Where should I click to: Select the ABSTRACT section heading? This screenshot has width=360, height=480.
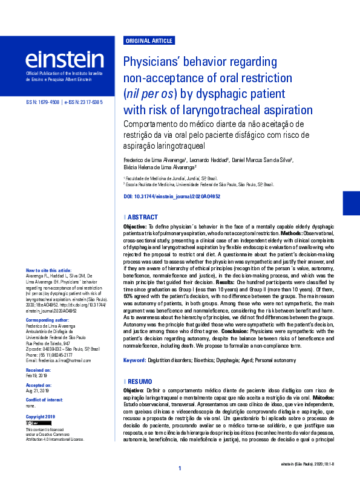point(143,217)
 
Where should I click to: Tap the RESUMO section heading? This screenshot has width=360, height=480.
point(141,382)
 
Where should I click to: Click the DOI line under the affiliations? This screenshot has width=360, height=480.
point(171,197)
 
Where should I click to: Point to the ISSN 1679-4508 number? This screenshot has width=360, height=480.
point(43,103)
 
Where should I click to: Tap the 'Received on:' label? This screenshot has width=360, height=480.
point(39,369)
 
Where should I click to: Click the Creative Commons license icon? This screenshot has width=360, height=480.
point(39,423)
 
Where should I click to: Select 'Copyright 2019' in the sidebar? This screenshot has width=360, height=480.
point(41,417)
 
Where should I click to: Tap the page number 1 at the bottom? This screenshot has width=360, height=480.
point(180,469)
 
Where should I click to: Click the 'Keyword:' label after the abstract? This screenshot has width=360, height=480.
point(135,360)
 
